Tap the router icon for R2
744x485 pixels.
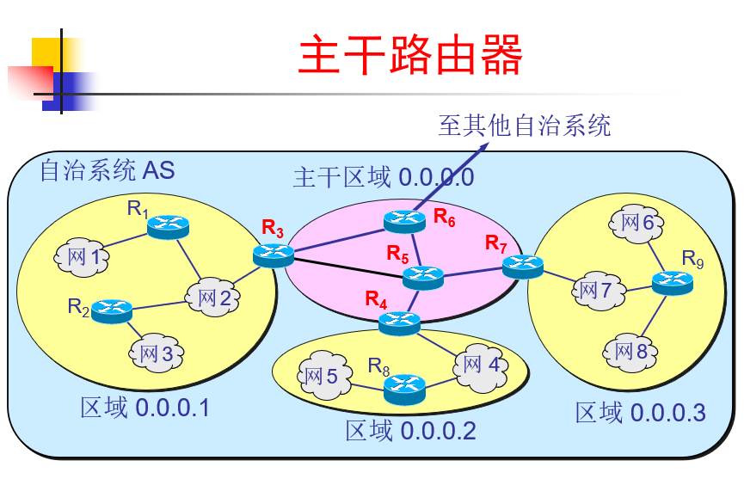click(x=111, y=310)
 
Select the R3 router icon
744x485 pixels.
click(x=274, y=255)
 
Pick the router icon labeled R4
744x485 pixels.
click(x=399, y=322)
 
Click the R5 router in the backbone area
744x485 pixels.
click(x=423, y=277)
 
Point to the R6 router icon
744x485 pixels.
click(x=404, y=221)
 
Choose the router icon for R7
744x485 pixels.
click(x=522, y=267)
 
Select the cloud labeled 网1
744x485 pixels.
click(x=82, y=255)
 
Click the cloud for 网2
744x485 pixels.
click(x=213, y=298)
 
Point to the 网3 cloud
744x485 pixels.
click(x=155, y=353)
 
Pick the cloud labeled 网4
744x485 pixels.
click(x=480, y=365)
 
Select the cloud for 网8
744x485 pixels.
click(x=629, y=351)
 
